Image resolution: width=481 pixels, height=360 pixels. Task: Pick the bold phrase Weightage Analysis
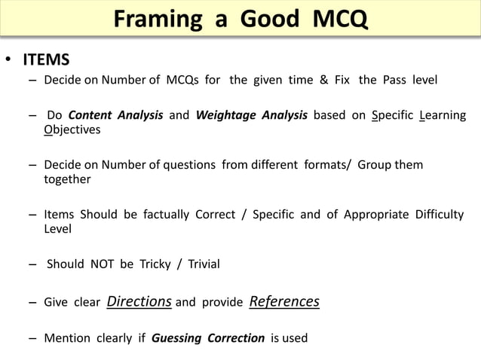(251, 116)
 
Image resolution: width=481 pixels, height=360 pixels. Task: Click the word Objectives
(72, 129)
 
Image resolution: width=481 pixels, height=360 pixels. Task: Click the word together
(67, 178)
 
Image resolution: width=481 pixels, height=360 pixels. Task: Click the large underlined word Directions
(139, 302)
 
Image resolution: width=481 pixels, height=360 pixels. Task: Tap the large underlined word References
(283, 302)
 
